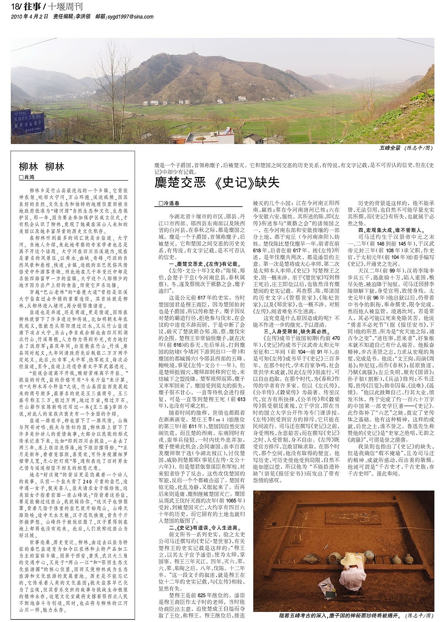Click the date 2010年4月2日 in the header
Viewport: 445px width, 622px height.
[x=30, y=16]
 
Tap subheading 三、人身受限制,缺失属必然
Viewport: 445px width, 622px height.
[x=297, y=331]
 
